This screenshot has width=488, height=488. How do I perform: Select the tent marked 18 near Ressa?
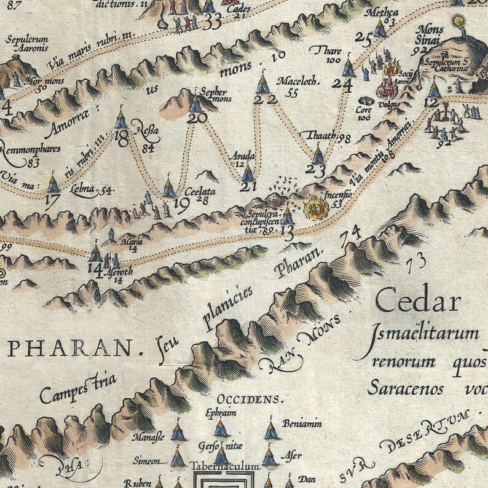[x=120, y=116]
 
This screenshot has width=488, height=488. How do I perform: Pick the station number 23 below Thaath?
[x=317, y=171]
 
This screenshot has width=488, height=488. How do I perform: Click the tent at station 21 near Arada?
[x=248, y=171]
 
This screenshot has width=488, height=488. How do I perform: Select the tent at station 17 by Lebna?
[x=53, y=183]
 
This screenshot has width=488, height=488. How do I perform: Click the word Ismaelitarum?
[x=425, y=335]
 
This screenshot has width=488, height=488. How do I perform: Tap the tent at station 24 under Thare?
[x=348, y=67]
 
